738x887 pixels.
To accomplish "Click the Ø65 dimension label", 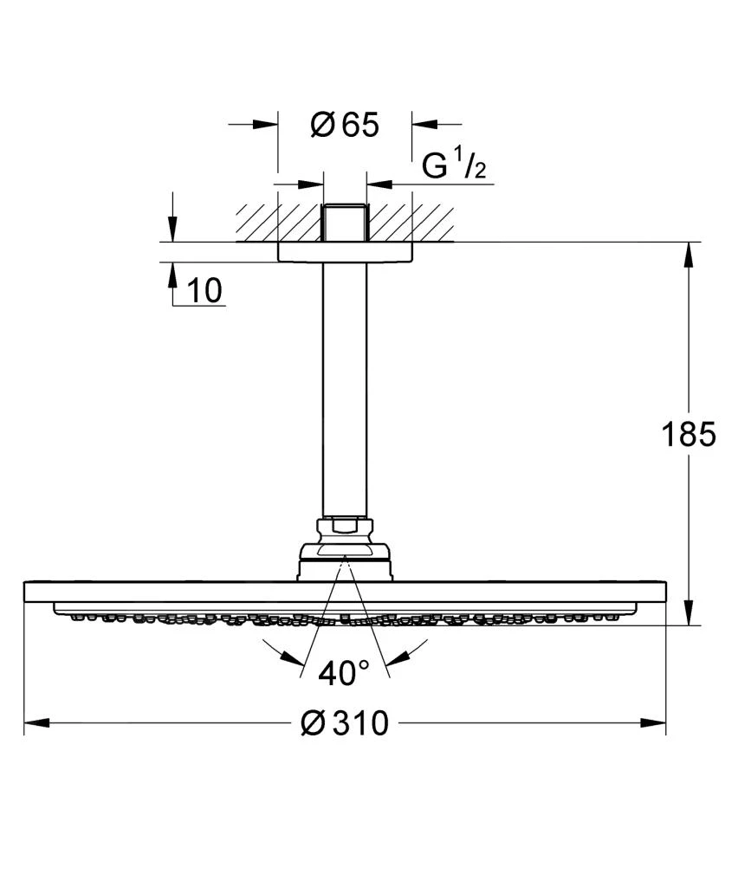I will click(x=345, y=126).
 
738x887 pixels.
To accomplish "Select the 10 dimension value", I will click(x=204, y=291).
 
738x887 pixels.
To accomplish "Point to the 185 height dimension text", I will click(x=689, y=434).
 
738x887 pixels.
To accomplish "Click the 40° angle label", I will click(x=344, y=673).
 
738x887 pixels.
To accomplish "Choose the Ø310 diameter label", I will click(x=345, y=722).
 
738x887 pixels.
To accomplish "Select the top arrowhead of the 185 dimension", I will click(x=689, y=254).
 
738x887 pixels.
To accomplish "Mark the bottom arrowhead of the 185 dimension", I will click(x=689, y=612).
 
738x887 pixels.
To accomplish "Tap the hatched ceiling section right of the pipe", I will click(x=411, y=223).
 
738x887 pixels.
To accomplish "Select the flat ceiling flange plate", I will click(x=345, y=252).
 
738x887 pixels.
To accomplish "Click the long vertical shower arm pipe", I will click(x=345, y=390).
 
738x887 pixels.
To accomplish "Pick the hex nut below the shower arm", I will click(x=345, y=526).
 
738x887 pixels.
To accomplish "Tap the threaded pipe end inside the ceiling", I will click(x=345, y=223).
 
